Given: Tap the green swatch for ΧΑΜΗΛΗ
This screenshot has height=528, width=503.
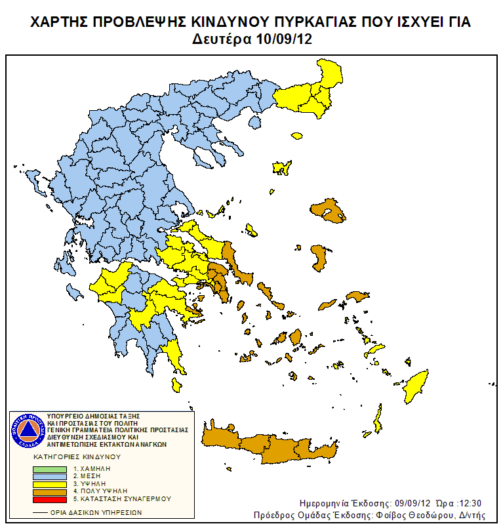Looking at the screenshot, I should coord(50,469).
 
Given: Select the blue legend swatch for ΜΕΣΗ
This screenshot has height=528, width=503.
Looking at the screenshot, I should coord(50,476).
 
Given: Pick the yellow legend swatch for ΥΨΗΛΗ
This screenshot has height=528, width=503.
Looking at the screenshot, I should coord(50,483).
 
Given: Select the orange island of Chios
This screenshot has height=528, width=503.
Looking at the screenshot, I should coord(319,258).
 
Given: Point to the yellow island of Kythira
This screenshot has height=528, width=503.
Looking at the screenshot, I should coord(176,384).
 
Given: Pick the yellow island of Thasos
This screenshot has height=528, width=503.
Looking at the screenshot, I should coord(296,136).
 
